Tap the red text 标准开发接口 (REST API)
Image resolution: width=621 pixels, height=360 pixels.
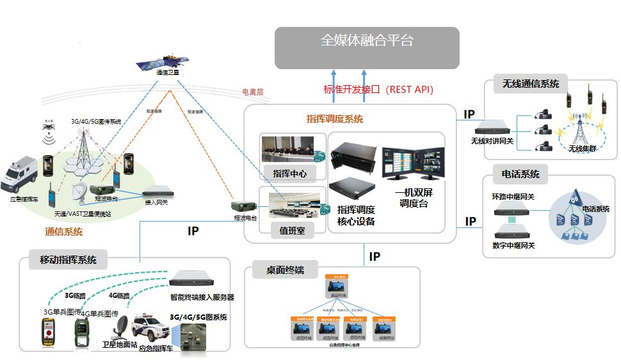tap(378, 90)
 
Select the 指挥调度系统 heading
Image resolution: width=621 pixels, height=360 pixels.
tap(334, 119)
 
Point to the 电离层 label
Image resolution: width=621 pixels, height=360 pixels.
tap(253, 92)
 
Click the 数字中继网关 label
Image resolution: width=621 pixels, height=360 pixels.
tap(513, 245)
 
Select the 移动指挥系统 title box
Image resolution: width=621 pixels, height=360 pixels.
tap(69, 260)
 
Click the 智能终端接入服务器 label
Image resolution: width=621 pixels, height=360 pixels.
tap(202, 297)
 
